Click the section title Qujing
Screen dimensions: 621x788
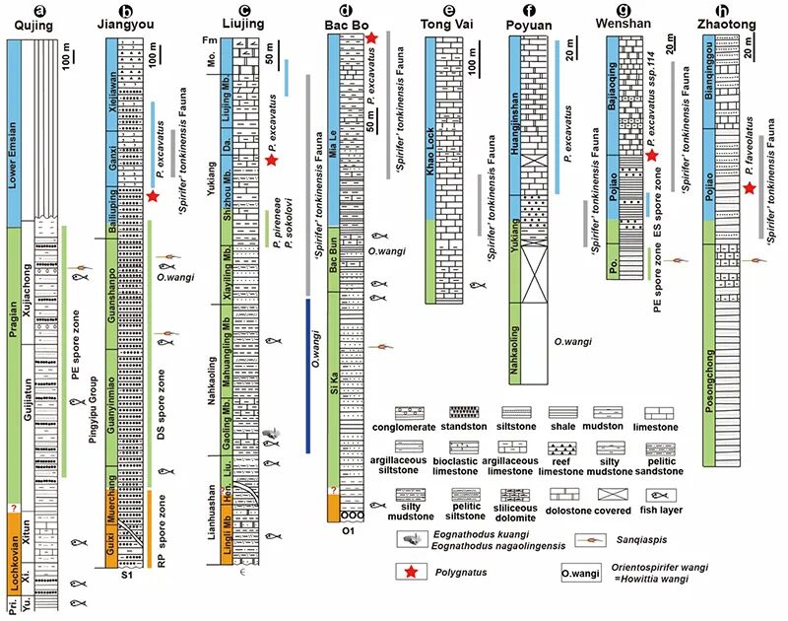28,23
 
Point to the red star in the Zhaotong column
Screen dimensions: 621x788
751,187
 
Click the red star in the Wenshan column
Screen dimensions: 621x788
651,154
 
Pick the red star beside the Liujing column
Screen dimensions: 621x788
272,159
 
